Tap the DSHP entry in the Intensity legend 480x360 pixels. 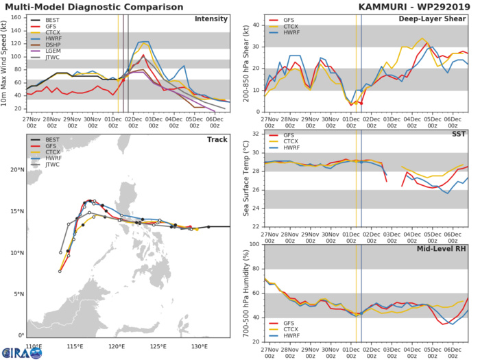pos(49,54)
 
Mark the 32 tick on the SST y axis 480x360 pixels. pos(256,134)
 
